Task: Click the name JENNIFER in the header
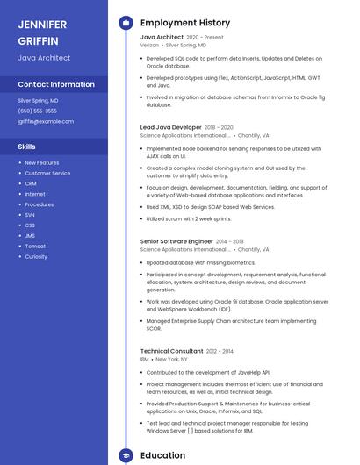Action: click(42, 24)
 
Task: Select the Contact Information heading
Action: click(56, 84)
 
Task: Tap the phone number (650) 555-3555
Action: click(37, 111)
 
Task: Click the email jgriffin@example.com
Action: click(46, 122)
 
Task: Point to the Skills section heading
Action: click(27, 147)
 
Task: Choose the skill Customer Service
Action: click(47, 173)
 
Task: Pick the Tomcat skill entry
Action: click(35, 247)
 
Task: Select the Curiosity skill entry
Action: click(36, 257)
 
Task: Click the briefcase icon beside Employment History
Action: click(125, 23)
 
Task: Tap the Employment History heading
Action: click(185, 23)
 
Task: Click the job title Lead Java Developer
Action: click(171, 127)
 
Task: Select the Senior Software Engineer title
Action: click(176, 240)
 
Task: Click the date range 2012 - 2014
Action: click(220, 351)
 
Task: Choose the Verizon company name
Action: click(150, 45)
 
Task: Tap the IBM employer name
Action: click(145, 360)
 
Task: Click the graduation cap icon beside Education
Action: click(125, 456)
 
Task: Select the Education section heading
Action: click(163, 456)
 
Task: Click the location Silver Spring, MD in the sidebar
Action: click(38, 101)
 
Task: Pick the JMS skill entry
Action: click(31, 236)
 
